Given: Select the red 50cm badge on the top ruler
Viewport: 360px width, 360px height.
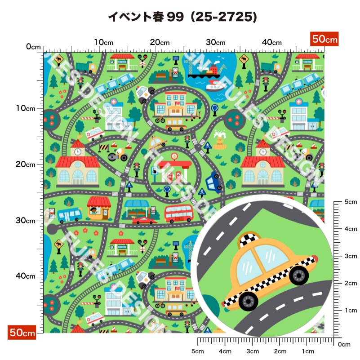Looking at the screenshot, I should click(x=324, y=39).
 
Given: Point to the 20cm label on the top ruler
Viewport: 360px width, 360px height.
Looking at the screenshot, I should click(x=159, y=42).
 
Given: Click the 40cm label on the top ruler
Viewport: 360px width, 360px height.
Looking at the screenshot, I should click(x=271, y=42).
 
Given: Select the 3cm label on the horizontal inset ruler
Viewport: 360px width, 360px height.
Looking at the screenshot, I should click(x=253, y=351).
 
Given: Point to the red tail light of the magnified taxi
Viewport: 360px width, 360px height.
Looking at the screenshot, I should click(x=314, y=258).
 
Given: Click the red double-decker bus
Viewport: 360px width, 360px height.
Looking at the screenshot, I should click(x=178, y=213).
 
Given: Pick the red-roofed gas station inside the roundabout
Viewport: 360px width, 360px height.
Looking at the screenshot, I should click(x=174, y=167).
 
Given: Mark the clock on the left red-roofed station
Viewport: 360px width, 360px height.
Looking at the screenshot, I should click(x=78, y=151).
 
